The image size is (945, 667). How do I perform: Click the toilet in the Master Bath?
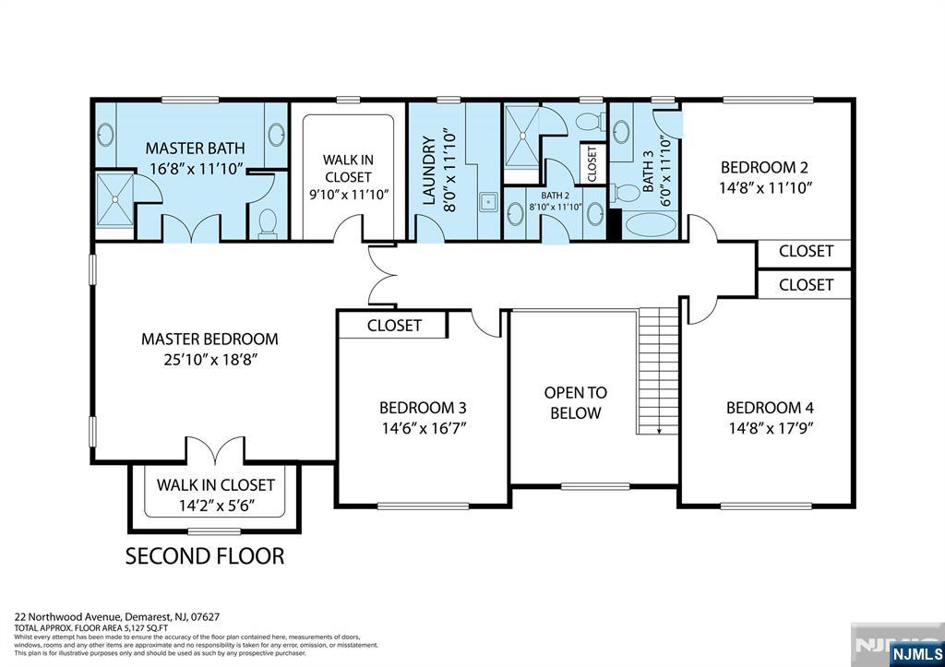pos(269,222)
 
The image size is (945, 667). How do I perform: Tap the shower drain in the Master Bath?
pos(116,197)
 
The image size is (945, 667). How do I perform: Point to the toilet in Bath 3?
pos(627,193)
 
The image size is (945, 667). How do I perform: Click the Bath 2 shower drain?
pos(521,136)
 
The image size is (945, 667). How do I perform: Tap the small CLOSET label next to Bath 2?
pos(592,164)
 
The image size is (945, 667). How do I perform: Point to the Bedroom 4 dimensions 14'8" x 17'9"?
pos(770,428)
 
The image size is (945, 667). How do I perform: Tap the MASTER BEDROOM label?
pos(209,339)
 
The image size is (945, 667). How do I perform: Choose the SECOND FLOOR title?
pos(204,555)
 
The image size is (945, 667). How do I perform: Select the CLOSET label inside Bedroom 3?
pos(394,325)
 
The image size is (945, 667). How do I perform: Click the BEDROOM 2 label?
pos(764,167)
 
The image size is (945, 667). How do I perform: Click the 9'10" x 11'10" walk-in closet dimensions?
pos(348,195)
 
